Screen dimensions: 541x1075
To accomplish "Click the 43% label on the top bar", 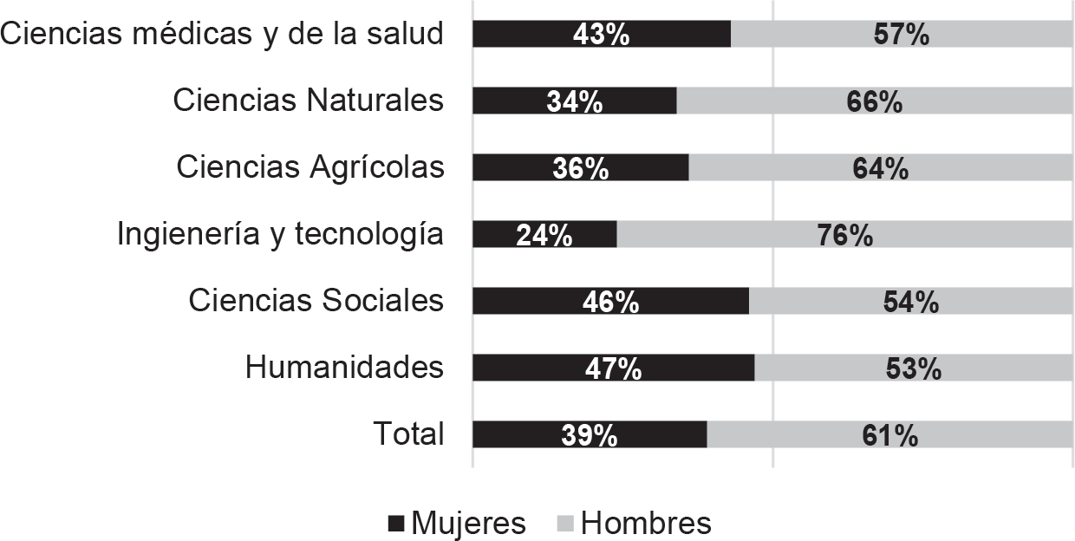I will [x=601, y=35].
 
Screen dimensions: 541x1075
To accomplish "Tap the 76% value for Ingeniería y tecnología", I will [x=844, y=235].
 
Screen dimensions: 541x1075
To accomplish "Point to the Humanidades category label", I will [x=344, y=368].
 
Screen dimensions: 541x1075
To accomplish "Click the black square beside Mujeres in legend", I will [x=397, y=524].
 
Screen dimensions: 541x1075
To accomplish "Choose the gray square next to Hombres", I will [x=566, y=524].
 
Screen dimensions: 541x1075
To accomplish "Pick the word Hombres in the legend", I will [x=646, y=524].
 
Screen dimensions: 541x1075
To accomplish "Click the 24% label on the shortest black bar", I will [x=544, y=235].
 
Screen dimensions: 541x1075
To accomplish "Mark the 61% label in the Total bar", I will [x=889, y=435].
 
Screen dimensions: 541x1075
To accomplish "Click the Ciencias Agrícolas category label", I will [x=310, y=167].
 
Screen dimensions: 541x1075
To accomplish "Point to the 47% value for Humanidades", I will [x=613, y=368].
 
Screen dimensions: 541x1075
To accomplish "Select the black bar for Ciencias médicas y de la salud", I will [x=520, y=35].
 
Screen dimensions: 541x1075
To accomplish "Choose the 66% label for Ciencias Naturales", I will [x=874, y=101].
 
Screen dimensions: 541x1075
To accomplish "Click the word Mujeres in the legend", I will [x=468, y=524].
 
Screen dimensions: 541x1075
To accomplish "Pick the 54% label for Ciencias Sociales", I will [x=910, y=302].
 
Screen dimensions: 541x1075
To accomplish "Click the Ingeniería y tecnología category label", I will [x=280, y=234].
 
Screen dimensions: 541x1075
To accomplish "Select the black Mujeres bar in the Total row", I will [x=520, y=435].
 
